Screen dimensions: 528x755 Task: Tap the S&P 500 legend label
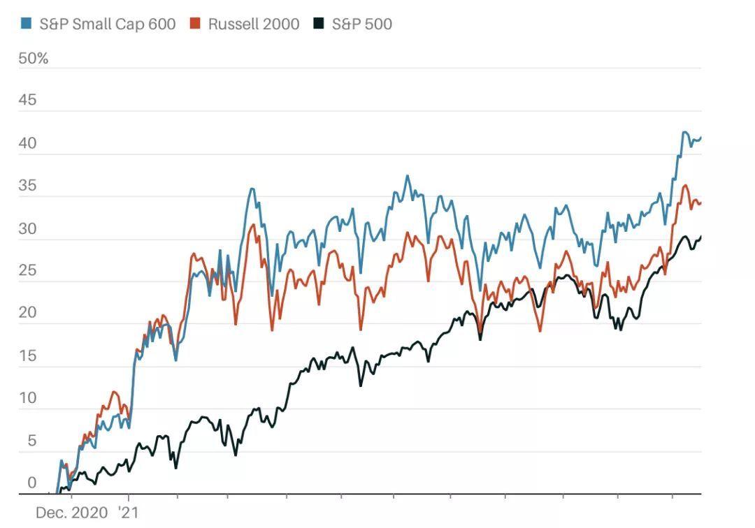click(x=361, y=24)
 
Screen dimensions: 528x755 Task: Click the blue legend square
click(x=26, y=24)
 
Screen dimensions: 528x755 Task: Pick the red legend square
click(x=195, y=24)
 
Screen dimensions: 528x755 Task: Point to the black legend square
click(x=319, y=24)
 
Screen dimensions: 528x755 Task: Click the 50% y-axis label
click(x=34, y=59)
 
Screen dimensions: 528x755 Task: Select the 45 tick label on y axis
click(x=27, y=101)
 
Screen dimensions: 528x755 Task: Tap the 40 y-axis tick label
click(x=27, y=144)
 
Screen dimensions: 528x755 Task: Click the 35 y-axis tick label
click(x=27, y=186)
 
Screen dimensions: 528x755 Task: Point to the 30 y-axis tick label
click(x=27, y=229)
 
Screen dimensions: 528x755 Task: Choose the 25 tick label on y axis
click(x=27, y=271)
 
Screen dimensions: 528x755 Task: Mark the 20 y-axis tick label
click(x=27, y=313)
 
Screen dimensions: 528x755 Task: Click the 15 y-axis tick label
click(x=27, y=355)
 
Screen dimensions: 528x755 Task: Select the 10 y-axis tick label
click(x=27, y=398)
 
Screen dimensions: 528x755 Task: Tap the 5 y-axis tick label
click(x=31, y=441)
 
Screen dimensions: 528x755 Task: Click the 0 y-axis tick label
click(x=31, y=483)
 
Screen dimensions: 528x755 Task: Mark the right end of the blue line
click(x=700, y=138)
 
